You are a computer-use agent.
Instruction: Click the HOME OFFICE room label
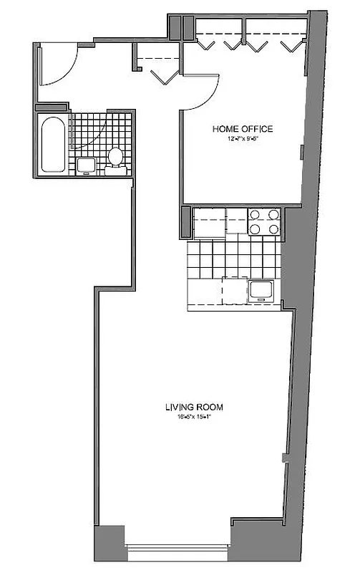242,129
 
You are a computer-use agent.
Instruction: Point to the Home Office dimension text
242,138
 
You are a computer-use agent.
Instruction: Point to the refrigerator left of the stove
209,222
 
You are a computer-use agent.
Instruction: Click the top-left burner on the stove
255,214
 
